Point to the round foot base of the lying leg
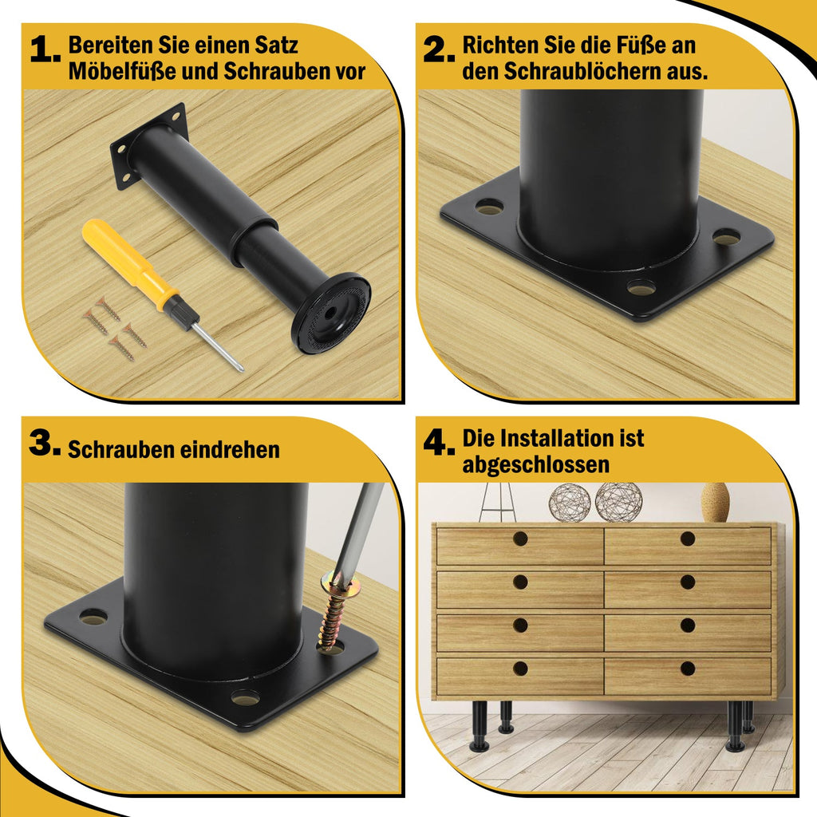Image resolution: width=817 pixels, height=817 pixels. (330, 314)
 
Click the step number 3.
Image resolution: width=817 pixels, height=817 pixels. (44, 445)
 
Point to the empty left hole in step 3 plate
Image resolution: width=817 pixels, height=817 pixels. (94, 617)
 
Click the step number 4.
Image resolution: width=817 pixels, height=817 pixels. (438, 444)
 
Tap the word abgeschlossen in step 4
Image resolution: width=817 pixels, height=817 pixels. (535, 464)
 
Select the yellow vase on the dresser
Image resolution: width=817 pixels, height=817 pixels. (715, 503)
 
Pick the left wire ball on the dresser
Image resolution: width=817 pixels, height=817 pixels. (569, 502)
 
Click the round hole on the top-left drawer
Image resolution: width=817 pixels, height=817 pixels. (520, 539)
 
